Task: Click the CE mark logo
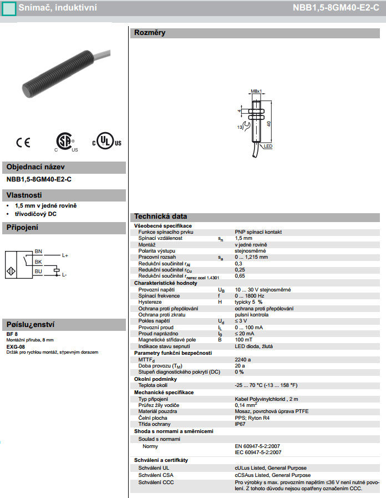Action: (x=23, y=143)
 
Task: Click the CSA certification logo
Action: (x=65, y=142)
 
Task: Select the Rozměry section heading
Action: (x=150, y=33)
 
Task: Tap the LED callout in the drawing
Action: (x=268, y=147)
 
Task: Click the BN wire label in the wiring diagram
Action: (x=38, y=251)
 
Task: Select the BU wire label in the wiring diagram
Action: (x=38, y=271)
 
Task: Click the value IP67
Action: (x=240, y=424)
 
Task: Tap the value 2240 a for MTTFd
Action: (x=243, y=359)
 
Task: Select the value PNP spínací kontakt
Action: (x=258, y=232)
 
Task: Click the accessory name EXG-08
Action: (x=16, y=346)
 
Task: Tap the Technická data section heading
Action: (x=160, y=217)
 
